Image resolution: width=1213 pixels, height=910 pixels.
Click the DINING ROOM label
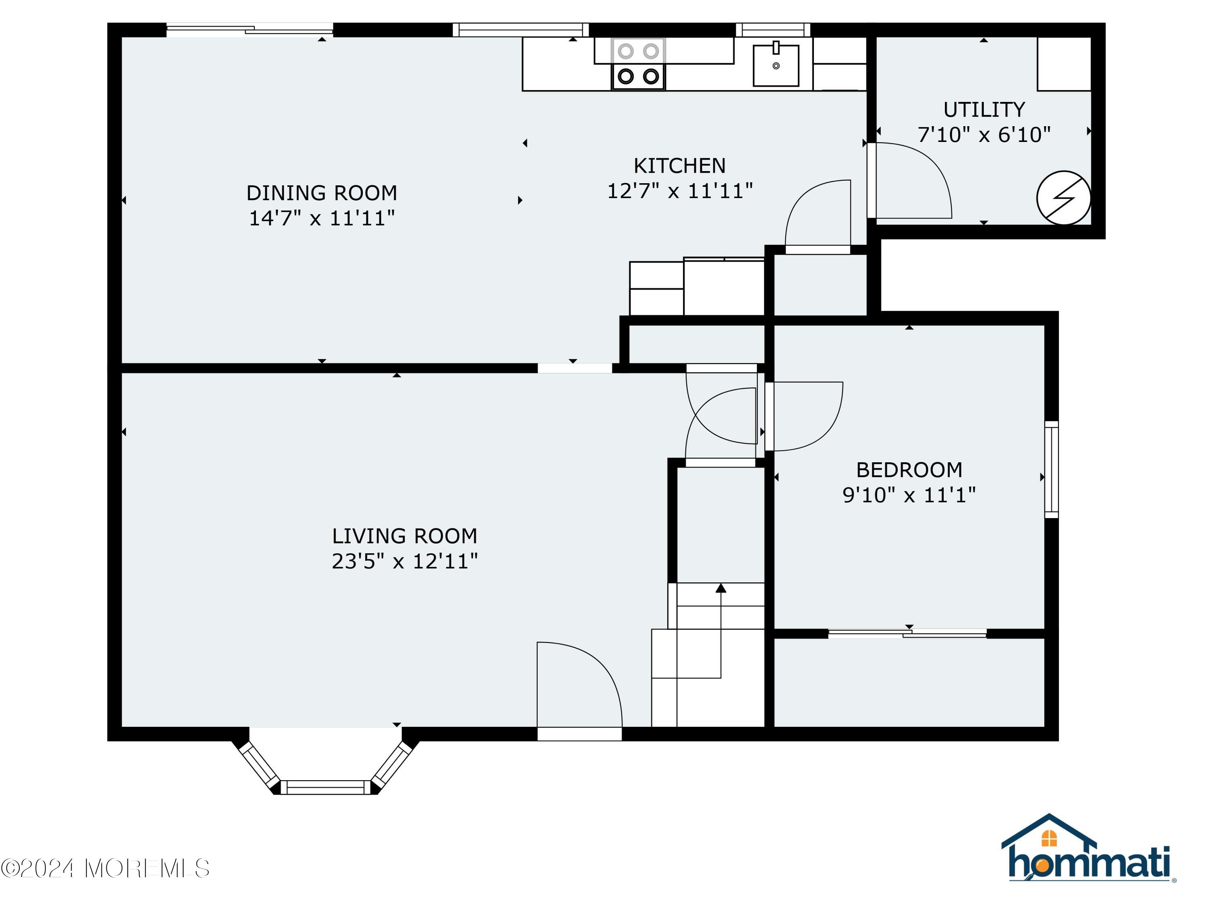coord(321,193)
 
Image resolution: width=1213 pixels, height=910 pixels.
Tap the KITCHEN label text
coord(679,166)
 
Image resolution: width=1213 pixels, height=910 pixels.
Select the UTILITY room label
coord(984,110)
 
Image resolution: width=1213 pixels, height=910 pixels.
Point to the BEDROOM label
coord(909,470)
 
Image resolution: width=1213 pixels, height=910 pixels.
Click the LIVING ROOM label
coord(405,536)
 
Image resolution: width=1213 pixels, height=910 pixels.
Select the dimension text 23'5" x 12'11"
coord(405,561)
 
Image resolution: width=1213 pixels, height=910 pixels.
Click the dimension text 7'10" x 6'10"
coord(984,134)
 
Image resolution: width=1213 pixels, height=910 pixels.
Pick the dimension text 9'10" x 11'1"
coord(909,495)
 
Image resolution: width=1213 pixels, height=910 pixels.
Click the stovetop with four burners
coord(638,63)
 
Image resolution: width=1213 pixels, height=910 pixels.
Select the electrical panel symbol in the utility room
coord(1063,198)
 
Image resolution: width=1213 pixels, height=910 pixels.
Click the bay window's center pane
coord(326,787)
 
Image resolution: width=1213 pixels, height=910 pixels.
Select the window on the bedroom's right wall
coord(1051,470)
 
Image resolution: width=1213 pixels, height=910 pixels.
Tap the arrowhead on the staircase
coord(721,588)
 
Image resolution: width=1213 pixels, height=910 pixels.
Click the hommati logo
coord(1088,849)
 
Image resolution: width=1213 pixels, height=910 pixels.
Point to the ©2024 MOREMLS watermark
coord(105,868)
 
